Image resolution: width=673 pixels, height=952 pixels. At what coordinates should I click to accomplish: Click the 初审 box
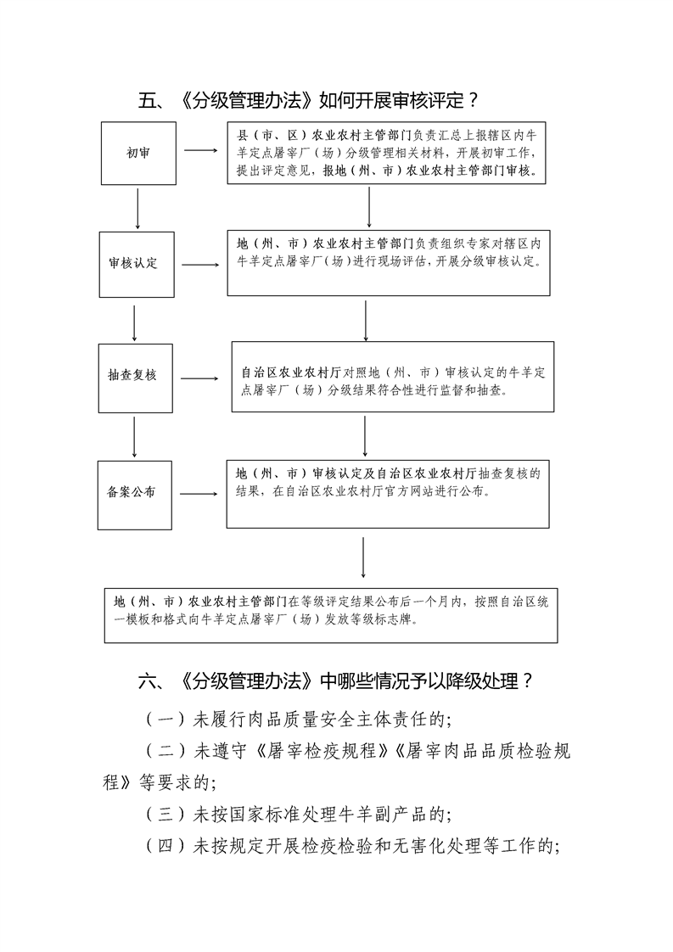138,153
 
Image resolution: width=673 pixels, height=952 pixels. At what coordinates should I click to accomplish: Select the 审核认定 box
133,263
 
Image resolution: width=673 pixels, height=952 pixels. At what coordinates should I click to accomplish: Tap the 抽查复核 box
133,375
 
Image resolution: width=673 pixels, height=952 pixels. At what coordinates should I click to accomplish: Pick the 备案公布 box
133,492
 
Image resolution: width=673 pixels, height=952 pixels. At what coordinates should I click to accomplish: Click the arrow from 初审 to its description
200,151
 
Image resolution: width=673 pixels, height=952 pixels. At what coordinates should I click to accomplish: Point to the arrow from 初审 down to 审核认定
137,209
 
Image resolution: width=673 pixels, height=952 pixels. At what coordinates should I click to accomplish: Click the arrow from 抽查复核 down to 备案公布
134,436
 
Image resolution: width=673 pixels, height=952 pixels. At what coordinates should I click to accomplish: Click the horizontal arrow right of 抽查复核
199,378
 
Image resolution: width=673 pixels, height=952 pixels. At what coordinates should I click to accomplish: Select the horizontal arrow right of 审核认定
199,265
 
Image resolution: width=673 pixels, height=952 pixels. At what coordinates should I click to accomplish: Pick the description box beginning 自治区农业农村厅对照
393,377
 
